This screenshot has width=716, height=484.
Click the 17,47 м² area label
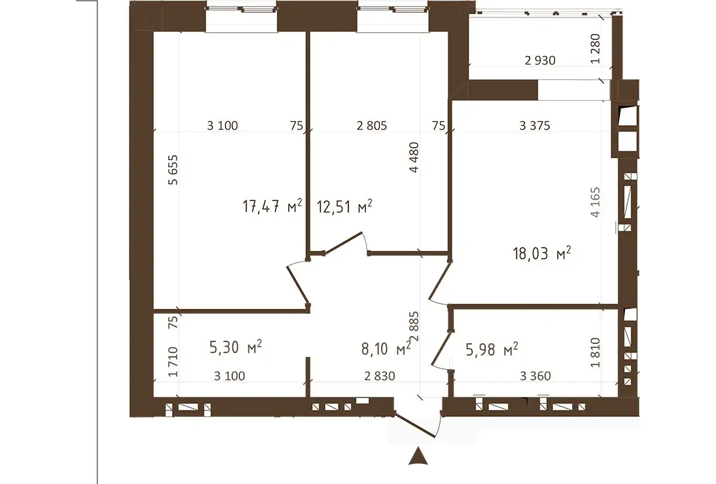pyautogui.click(x=272, y=206)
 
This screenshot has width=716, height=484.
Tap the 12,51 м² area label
pyautogui.click(x=344, y=207)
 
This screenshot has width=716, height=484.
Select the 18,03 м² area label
pyautogui.click(x=542, y=253)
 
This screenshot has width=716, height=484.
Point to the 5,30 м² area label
pyautogui.click(x=235, y=347)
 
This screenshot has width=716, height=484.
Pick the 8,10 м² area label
pyautogui.click(x=386, y=348)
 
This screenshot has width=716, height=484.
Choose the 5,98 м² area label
pyautogui.click(x=492, y=350)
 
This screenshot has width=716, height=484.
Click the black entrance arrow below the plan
pyautogui.click(x=418, y=456)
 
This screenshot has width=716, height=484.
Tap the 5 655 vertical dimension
pyautogui.click(x=173, y=170)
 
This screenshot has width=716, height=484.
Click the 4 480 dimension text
pyautogui.click(x=414, y=157)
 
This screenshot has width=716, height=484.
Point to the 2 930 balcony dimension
pyautogui.click(x=540, y=60)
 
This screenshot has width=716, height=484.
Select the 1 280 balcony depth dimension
pyautogui.click(x=595, y=49)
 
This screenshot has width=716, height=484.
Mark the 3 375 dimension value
pyautogui.click(x=535, y=125)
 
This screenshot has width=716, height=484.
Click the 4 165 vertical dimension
pyautogui.click(x=595, y=203)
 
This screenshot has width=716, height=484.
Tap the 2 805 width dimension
pyautogui.click(x=372, y=125)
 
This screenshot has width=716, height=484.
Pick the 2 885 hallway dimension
pyautogui.click(x=414, y=327)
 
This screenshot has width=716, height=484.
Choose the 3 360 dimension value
pyautogui.click(x=535, y=376)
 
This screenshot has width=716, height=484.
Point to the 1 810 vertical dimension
pyautogui.click(x=595, y=352)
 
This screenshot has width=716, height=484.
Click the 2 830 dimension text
pyautogui.click(x=379, y=376)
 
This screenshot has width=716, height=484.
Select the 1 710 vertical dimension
pyautogui.click(x=173, y=362)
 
